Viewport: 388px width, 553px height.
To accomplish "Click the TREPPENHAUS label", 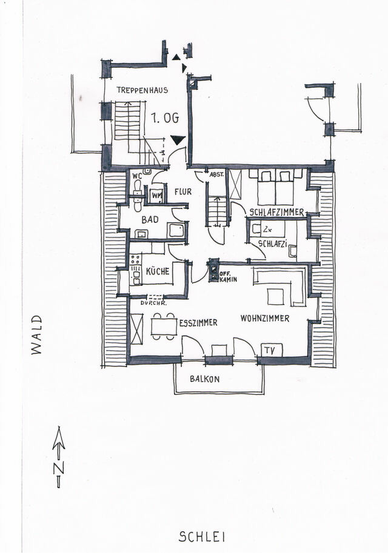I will [x=142, y=90].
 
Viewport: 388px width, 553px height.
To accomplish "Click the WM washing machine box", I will [x=156, y=195].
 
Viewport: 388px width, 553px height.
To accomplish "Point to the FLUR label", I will [x=183, y=191].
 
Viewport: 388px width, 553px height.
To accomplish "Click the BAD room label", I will [x=150, y=219].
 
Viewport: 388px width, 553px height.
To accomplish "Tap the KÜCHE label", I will [x=158, y=272].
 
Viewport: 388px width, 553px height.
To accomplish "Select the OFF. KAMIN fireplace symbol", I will [x=214, y=271].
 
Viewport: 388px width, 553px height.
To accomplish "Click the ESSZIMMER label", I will [x=198, y=323].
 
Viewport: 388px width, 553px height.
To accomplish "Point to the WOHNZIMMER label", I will [x=264, y=318].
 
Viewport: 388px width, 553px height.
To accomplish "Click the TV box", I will [x=270, y=349].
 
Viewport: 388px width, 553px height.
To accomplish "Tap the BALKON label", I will [x=204, y=379].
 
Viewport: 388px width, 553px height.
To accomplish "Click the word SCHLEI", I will [x=202, y=536].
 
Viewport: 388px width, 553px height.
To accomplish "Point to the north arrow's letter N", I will [x=58, y=468].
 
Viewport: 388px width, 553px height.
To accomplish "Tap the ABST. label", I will [x=217, y=175].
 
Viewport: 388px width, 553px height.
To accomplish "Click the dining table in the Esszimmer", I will [x=163, y=326].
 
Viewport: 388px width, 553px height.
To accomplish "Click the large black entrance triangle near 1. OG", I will [x=177, y=140].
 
